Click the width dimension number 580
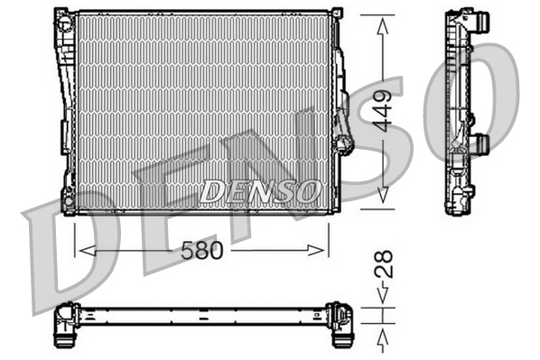[200, 251]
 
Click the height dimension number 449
[384, 110]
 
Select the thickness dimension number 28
[383, 267]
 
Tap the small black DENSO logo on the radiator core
[260, 190]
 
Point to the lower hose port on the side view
[480, 143]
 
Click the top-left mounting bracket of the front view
[63, 17]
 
